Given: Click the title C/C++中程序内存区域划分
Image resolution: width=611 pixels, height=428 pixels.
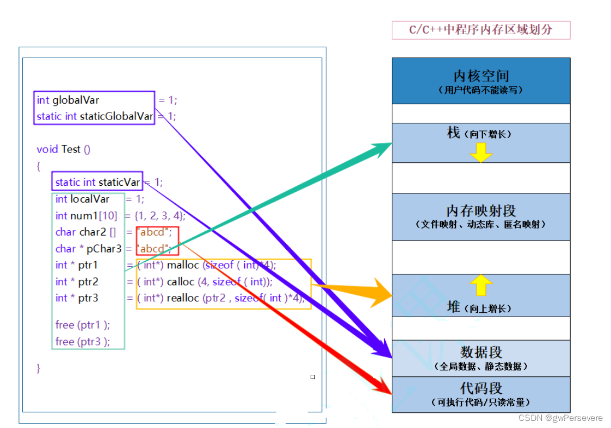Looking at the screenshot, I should point(480,30).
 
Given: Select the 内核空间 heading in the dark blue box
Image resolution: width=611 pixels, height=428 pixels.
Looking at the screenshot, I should point(481,75).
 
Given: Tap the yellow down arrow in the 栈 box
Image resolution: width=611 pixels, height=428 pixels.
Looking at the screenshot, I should point(481,153).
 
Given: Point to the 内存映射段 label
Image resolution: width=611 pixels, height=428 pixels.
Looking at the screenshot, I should point(481,210).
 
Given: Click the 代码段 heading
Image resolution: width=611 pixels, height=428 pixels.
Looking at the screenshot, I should point(481,388).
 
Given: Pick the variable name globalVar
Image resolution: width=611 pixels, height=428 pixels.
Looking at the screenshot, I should point(76,100).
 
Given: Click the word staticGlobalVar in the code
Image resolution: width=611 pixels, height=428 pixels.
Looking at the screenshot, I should point(116,116).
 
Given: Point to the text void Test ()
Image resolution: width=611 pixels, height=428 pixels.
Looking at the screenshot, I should point(63,149).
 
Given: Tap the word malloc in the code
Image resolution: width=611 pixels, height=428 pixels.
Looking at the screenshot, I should point(183,265).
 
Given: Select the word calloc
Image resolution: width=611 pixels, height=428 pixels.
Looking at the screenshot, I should point(180,281).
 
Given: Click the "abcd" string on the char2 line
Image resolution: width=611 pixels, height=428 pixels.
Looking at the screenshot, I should point(155,232).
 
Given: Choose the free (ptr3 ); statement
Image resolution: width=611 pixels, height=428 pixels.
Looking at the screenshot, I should point(82,342).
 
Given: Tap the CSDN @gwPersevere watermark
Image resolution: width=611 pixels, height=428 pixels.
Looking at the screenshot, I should point(560,418).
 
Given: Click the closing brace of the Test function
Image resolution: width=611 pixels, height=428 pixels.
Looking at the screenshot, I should point(39,368).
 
